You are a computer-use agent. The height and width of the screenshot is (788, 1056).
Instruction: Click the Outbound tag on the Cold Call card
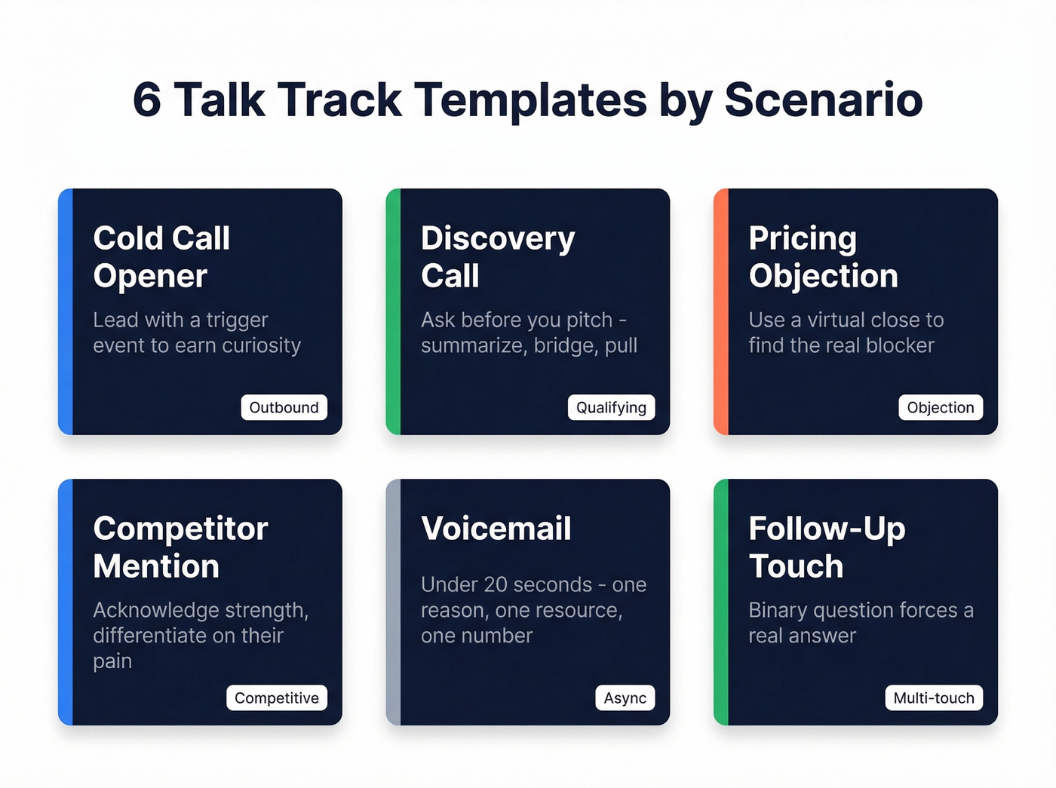(284, 407)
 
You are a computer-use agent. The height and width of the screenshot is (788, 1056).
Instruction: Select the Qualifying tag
(611, 407)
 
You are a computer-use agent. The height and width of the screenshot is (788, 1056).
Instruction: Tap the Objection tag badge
(940, 407)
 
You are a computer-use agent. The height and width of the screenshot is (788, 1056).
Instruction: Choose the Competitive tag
(276, 698)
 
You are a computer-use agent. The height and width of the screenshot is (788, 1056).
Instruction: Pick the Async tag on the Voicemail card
(625, 698)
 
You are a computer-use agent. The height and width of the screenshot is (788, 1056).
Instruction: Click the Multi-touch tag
(933, 698)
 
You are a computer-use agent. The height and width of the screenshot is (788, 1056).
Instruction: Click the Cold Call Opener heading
(161, 257)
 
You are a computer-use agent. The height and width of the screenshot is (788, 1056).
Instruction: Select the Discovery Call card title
(498, 257)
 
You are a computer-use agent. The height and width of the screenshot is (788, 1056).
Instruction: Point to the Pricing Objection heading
(823, 257)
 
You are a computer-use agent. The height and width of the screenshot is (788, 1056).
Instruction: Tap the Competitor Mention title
(180, 547)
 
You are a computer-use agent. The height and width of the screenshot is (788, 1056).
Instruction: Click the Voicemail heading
(496, 529)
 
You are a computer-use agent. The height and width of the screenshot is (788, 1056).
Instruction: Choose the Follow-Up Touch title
(827, 547)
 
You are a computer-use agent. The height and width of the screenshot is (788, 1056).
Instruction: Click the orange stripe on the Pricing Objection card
(721, 311)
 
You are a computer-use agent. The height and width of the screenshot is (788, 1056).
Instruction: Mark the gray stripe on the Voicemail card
(393, 602)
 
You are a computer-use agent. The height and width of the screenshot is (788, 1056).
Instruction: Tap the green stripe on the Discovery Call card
(393, 311)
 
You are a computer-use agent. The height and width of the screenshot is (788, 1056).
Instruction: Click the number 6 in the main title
(147, 100)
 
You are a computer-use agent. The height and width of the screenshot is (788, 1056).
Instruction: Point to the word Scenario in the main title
(823, 100)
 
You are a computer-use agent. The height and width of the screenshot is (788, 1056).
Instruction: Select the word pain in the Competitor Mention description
(112, 661)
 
